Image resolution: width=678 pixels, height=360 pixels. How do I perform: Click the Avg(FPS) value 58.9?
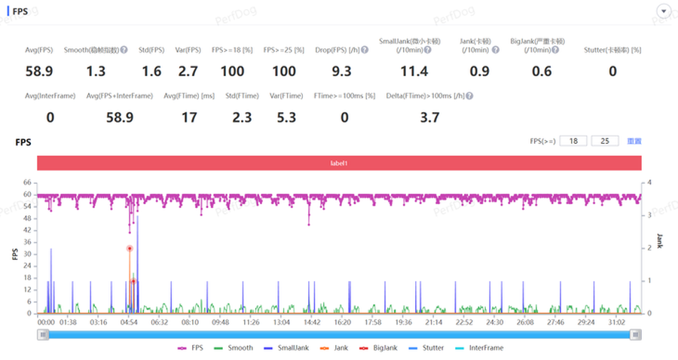pyautogui.click(x=38, y=72)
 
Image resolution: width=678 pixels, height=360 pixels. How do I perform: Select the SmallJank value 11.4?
pyautogui.click(x=414, y=72)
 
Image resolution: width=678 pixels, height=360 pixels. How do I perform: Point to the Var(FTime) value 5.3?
pyautogui.click(x=286, y=117)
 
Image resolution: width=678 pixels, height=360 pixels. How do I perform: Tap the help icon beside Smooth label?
pyautogui.click(x=123, y=50)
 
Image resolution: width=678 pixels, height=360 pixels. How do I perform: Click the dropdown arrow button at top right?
pyautogui.click(x=664, y=11)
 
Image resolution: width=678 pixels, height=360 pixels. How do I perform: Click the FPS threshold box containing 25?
pyautogui.click(x=604, y=141)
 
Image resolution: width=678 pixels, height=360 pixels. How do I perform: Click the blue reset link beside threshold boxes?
pyautogui.click(x=634, y=141)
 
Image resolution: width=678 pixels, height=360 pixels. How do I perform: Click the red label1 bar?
pyautogui.click(x=339, y=163)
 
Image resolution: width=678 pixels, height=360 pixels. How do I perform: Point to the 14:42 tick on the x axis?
pyautogui.click(x=312, y=322)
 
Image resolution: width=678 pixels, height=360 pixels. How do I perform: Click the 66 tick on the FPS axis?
pyautogui.click(x=26, y=182)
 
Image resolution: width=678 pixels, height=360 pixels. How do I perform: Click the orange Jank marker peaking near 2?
pyautogui.click(x=130, y=249)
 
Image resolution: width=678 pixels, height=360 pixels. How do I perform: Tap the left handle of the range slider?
pyautogui.click(x=44, y=334)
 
